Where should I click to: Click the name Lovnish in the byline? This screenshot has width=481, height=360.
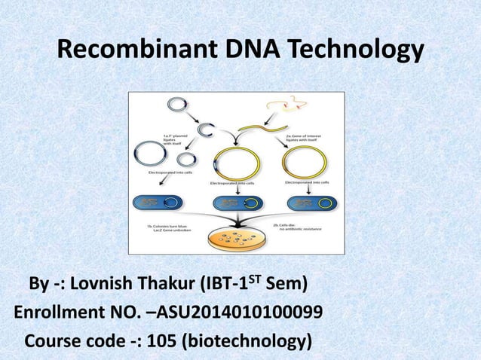click(112, 285)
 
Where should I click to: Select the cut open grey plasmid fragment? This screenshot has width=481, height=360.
click(204, 130)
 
